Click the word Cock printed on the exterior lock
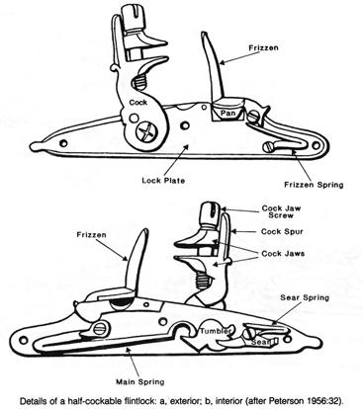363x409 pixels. coord(136,100)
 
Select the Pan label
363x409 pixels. coord(227,114)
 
